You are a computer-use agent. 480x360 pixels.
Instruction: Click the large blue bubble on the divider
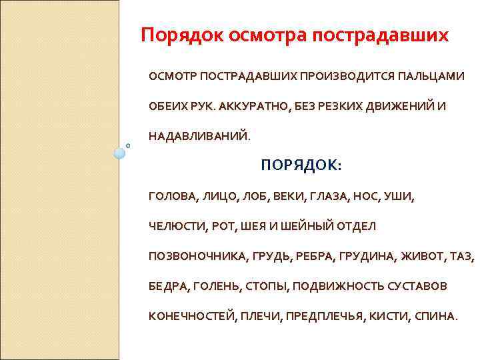coord(119,153)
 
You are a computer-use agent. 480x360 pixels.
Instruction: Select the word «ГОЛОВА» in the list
coord(173,197)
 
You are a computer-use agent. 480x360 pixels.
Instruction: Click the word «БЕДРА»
coord(169,286)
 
